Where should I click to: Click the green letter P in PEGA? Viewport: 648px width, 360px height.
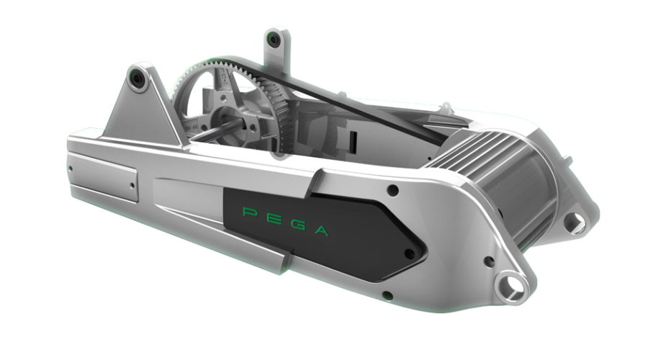coord(249,212)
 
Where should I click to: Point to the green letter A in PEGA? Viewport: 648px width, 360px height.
coord(322,230)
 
